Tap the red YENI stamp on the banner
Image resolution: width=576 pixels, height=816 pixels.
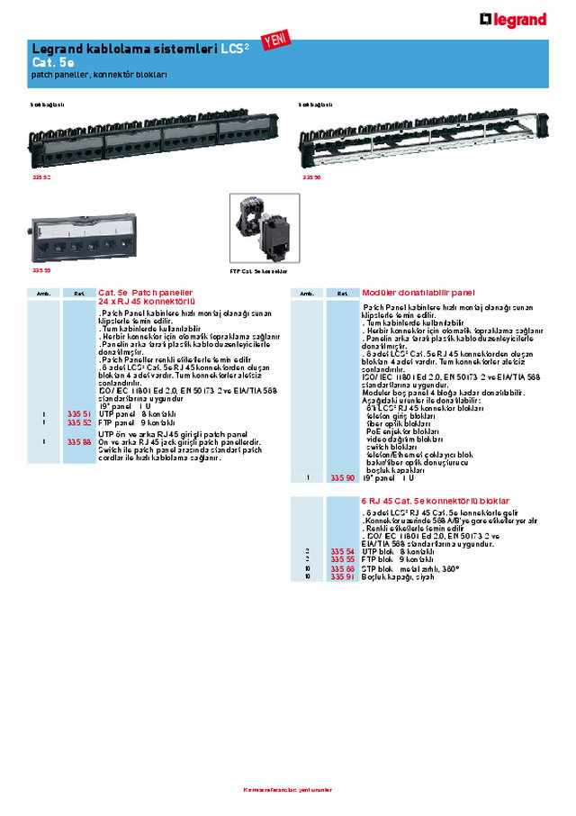(x=272, y=39)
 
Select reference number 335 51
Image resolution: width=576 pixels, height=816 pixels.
(x=79, y=413)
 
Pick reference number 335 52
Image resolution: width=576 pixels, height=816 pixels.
(x=79, y=422)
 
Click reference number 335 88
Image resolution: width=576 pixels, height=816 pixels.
(x=79, y=441)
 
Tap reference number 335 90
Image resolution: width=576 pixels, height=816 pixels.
(x=342, y=477)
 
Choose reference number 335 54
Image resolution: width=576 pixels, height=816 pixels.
(x=342, y=550)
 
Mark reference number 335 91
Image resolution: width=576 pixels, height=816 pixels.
(x=342, y=576)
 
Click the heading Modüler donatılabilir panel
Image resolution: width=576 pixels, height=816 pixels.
(x=418, y=293)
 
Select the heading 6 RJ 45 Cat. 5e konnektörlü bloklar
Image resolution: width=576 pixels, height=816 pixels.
(x=436, y=500)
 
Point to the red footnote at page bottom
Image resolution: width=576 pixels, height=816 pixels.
(x=287, y=790)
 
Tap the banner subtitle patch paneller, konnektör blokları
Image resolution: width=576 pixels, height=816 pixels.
(x=99, y=74)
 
